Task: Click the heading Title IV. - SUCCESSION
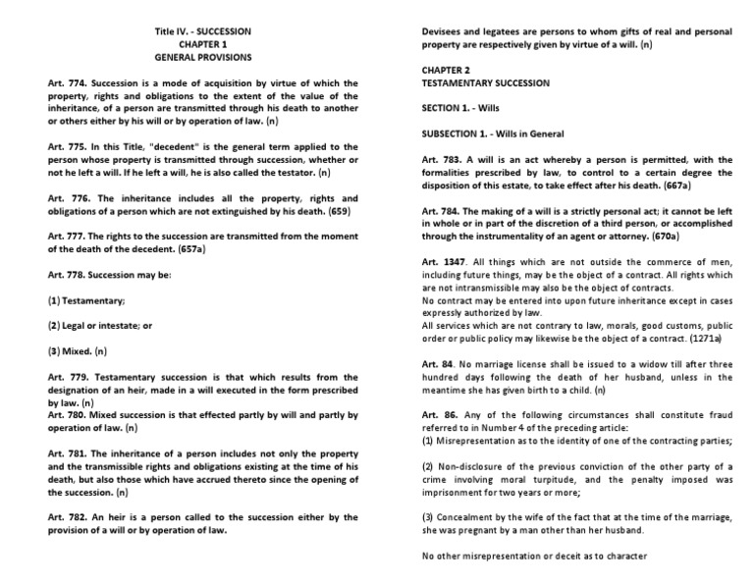click(201, 31)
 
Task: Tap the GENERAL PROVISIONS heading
click(201, 58)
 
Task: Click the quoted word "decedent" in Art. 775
click(154, 146)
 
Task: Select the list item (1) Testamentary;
click(85, 299)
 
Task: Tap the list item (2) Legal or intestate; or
click(101, 325)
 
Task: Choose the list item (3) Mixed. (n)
click(78, 350)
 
